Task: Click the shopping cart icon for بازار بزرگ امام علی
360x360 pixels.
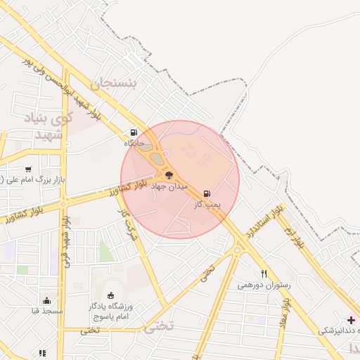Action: click(27, 169)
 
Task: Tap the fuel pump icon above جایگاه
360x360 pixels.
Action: click(134, 132)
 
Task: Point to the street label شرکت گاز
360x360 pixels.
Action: click(128, 224)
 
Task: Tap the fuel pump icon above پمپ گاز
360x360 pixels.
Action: click(207, 193)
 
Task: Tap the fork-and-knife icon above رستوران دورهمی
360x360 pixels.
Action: click(264, 274)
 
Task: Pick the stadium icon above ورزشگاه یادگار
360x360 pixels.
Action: click(110, 294)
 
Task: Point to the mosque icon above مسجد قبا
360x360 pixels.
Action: click(46, 300)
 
